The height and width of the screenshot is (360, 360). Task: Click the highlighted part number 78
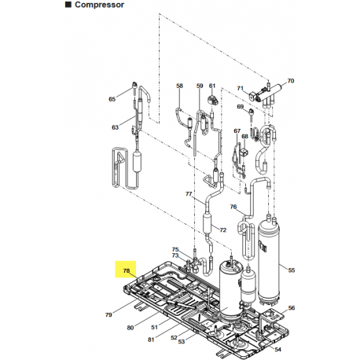point(126,271)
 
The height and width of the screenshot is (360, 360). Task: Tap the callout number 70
point(290,81)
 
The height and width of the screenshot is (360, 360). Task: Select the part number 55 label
point(292,270)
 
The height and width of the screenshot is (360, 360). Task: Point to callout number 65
point(112,99)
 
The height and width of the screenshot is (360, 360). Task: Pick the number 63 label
point(115,127)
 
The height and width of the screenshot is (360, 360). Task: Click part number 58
point(179,86)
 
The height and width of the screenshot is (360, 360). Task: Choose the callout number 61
point(212,86)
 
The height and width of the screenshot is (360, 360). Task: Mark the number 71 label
point(241,88)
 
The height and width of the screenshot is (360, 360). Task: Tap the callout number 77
point(189,193)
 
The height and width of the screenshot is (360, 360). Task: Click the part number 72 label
point(222,230)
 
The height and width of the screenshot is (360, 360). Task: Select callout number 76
point(233,207)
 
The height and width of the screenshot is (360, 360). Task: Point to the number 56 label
point(292,307)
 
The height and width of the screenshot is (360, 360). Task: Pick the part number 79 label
point(108,315)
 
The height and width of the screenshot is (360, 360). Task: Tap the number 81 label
point(150,339)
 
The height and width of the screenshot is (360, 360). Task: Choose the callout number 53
point(182,342)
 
